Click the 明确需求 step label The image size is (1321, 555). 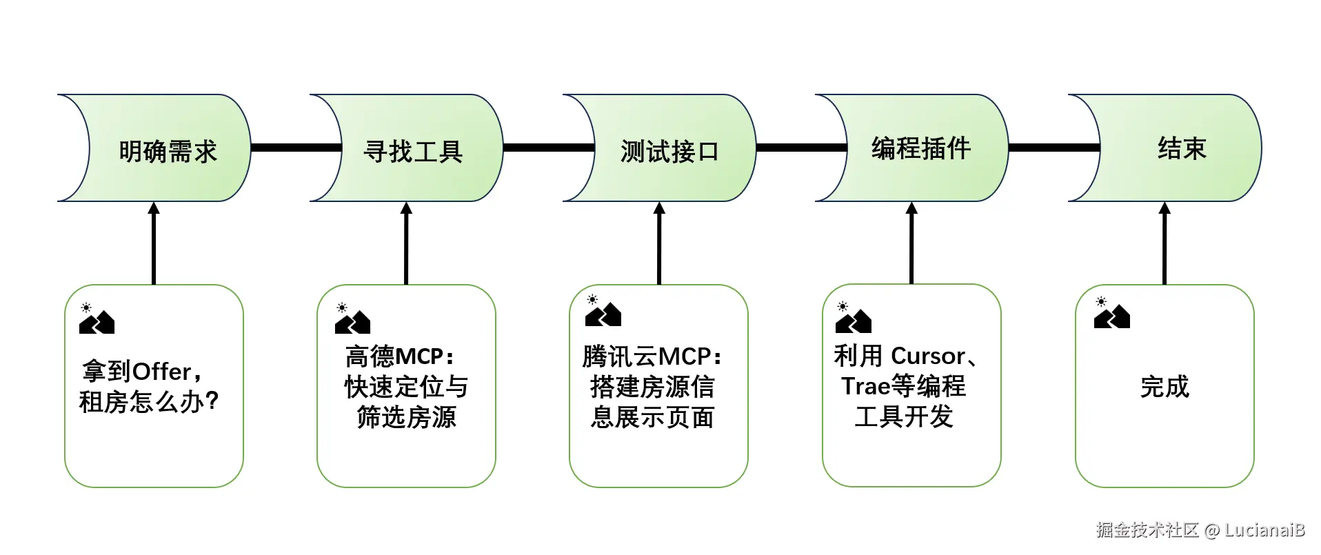[168, 151]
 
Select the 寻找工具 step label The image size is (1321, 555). [412, 151]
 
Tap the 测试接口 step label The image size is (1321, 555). [669, 151]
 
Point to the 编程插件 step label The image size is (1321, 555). [920, 148]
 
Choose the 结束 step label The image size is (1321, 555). [1181, 148]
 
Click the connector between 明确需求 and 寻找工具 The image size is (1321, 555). [296, 148]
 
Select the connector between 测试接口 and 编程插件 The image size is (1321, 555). [801, 148]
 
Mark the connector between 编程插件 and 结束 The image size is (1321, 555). [1053, 148]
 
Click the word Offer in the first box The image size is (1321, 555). [161, 372]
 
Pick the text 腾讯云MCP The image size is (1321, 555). [651, 356]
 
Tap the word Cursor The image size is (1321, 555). [928, 356]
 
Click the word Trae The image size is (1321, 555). [865, 386]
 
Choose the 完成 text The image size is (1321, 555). [1164, 387]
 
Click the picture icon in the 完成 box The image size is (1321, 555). [1111, 314]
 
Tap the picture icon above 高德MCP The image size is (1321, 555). [352, 319]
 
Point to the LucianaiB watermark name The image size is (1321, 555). [1264, 529]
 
